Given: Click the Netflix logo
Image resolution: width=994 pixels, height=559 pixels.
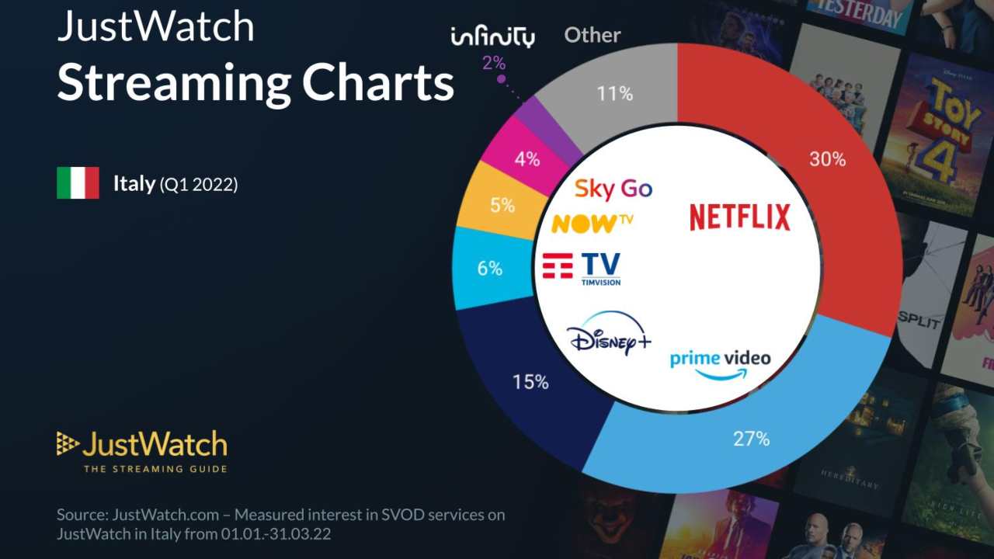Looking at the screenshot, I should coord(739,217).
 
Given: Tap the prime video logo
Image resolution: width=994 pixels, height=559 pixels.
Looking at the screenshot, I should coord(720,363).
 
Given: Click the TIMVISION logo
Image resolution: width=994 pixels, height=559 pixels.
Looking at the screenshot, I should coord(582,269).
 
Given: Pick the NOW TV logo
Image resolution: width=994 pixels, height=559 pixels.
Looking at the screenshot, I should coord(592,224).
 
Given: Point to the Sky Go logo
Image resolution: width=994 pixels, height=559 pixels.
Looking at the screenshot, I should coord(613,189).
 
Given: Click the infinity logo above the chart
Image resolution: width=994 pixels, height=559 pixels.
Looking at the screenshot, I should coord(492,36).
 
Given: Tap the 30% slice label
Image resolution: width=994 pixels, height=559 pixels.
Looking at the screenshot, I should coord(827,159).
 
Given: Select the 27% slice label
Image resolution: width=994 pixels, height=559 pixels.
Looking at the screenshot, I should coord(751,439).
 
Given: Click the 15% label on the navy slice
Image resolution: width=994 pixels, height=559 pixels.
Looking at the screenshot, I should coord(530,382).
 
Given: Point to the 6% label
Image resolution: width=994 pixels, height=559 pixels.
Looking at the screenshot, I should coord(489,269).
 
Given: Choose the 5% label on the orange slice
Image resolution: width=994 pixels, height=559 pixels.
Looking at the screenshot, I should coord(502,206).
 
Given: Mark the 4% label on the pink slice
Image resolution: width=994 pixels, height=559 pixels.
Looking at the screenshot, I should coord(527,160).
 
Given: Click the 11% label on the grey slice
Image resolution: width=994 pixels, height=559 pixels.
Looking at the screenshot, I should coord(614,94).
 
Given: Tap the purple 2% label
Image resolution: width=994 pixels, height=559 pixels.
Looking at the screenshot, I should coord(494,63).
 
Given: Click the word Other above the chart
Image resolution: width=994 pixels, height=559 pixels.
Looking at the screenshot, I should coord(592,35).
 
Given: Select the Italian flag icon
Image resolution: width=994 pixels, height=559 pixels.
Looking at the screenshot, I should coord(78,183).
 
